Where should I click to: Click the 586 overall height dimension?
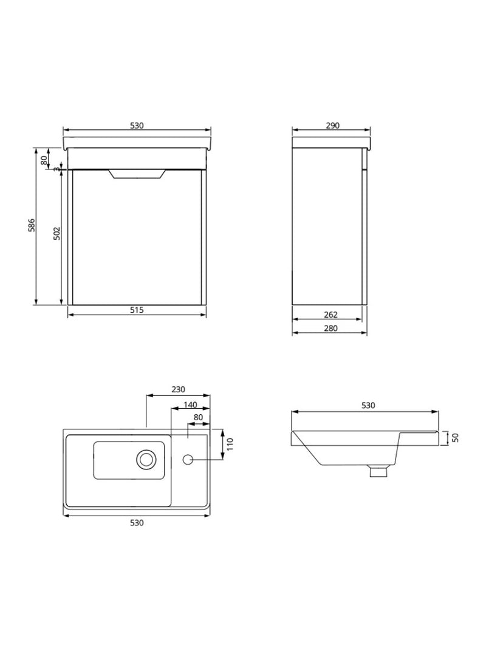(32, 225)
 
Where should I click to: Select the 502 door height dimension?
(56, 234)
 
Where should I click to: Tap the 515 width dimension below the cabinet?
(137, 310)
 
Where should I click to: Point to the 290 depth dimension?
(332, 126)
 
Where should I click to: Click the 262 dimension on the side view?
(330, 315)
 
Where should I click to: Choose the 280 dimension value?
(330, 328)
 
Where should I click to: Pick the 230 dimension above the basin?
(178, 390)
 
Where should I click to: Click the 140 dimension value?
(190, 404)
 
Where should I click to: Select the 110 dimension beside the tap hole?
(230, 444)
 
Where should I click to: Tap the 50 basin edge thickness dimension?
(454, 437)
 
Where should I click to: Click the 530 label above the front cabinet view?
(137, 126)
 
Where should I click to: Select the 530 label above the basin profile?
(368, 406)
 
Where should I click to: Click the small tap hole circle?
(188, 460)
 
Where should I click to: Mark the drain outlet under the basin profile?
(379, 471)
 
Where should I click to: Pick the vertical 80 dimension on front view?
(44, 160)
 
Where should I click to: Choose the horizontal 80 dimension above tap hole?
(198, 417)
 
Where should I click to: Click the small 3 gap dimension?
(56, 169)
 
